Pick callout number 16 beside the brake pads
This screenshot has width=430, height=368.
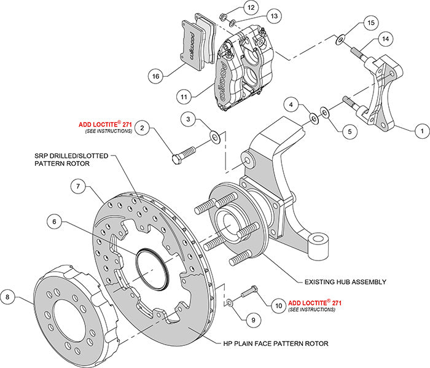click(155, 76)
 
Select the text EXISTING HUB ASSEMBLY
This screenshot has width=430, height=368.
click(345, 282)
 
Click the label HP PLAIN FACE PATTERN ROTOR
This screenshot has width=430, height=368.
click(275, 343)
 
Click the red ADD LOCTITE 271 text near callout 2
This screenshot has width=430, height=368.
click(105, 123)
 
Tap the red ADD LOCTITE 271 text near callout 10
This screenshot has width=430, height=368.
click(314, 302)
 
